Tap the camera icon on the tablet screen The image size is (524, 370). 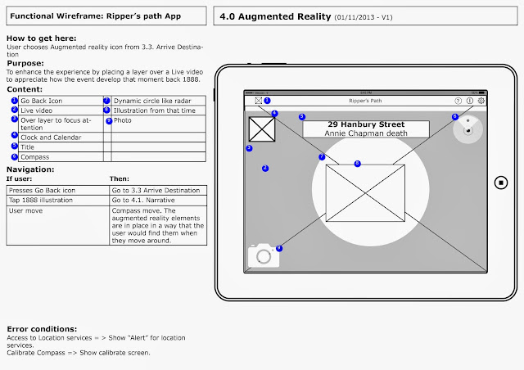pos(264,255)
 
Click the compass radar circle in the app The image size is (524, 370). pos(468,129)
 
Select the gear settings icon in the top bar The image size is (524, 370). pos(481,101)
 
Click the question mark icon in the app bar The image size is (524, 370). pos(458,101)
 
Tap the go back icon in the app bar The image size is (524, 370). pos(258,101)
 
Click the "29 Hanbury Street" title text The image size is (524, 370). pos(366,124)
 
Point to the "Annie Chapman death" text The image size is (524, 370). pos(366,133)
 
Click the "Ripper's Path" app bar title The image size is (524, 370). pos(366,101)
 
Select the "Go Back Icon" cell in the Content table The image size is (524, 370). pos(54,100)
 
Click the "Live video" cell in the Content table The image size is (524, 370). pos(54,110)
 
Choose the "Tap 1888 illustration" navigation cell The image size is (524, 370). pos(54,200)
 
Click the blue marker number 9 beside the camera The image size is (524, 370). pos(279,248)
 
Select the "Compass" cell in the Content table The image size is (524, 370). pos(54,156)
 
